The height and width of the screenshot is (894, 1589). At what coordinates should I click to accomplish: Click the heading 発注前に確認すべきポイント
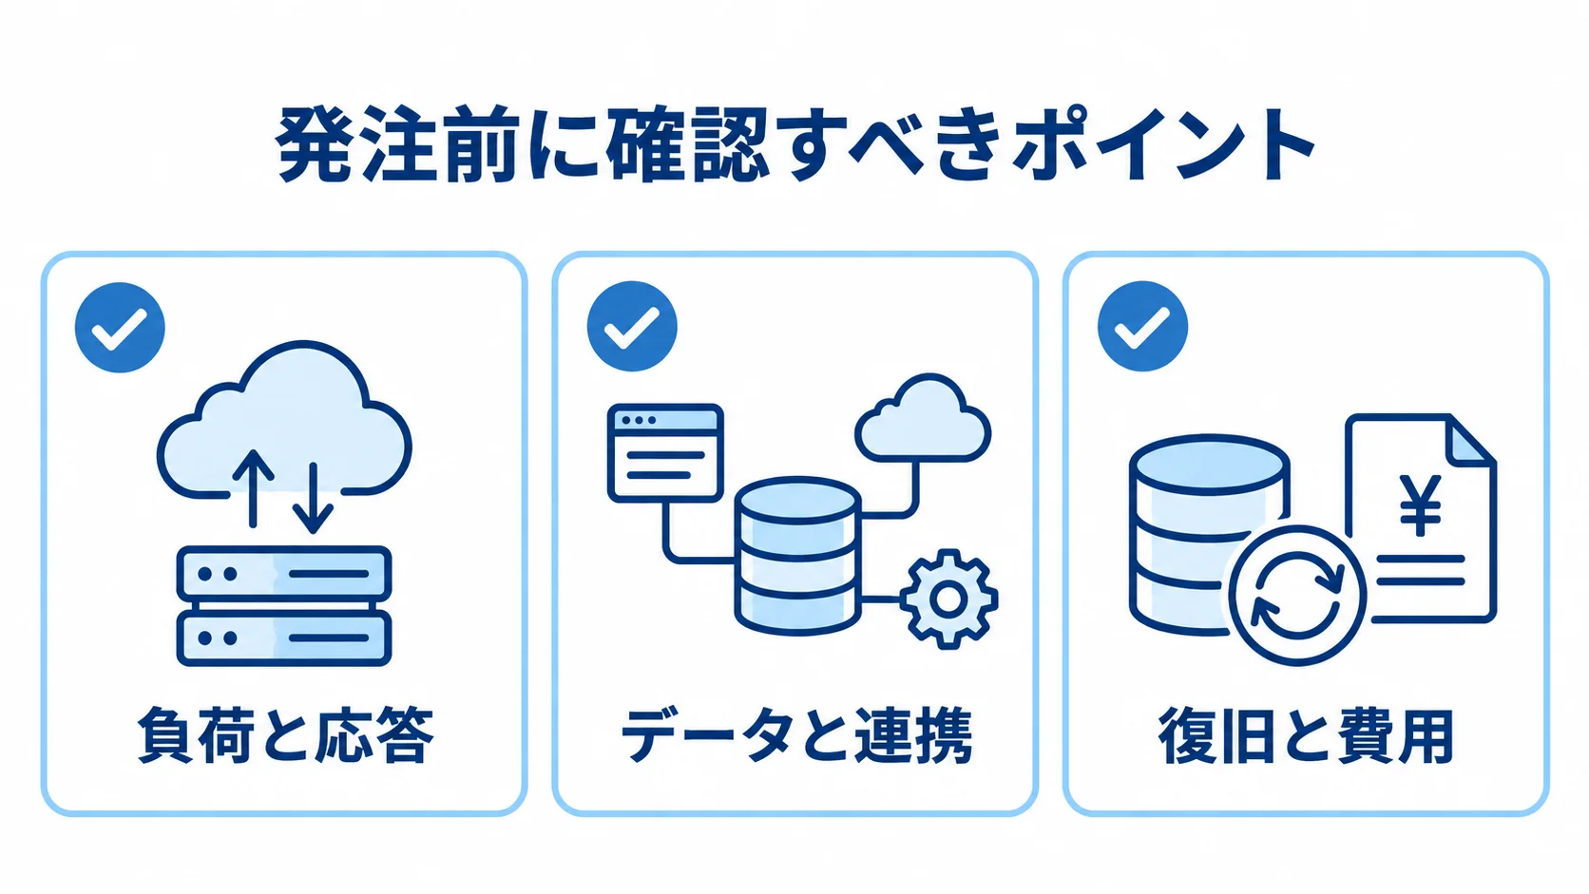click(794, 145)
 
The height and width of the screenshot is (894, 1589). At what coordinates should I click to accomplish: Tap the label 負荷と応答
click(285, 735)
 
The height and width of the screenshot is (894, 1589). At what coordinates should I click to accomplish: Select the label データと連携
click(795, 735)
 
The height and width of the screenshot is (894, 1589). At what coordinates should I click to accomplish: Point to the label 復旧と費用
click(1306, 735)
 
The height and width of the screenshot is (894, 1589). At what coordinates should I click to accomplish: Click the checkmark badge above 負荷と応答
click(120, 327)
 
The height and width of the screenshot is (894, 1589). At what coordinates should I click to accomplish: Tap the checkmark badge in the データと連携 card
click(631, 326)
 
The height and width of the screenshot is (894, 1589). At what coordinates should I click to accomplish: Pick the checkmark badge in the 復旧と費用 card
click(1142, 326)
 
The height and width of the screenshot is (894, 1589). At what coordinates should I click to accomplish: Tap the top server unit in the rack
click(284, 573)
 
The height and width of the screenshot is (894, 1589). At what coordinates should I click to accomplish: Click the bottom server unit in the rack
click(284, 637)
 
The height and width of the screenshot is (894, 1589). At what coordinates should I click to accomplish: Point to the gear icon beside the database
click(948, 599)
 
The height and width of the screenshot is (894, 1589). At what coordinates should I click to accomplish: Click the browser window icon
click(665, 453)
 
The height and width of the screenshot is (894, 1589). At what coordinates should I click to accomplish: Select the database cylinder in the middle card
click(797, 556)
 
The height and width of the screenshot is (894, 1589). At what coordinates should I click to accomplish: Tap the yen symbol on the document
click(1420, 504)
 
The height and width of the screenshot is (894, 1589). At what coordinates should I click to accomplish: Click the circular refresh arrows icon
click(1296, 595)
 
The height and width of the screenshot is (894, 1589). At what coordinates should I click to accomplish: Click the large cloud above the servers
click(284, 418)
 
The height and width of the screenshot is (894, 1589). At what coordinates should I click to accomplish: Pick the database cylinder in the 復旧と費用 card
click(1209, 535)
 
